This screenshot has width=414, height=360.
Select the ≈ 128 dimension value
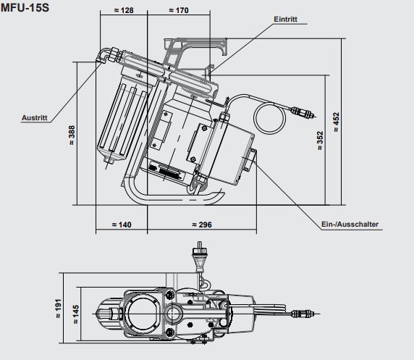124,10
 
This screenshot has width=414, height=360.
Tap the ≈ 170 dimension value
178,10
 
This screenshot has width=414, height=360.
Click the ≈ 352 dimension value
319,143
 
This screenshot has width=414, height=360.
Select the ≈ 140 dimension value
121,225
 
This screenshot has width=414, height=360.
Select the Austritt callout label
35,116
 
